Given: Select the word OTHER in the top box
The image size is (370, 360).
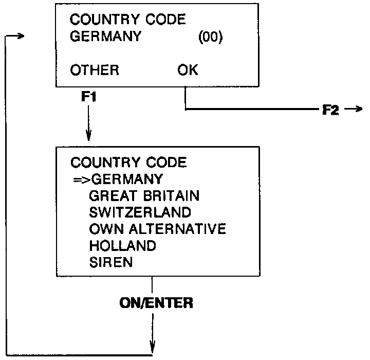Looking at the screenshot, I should [95, 70].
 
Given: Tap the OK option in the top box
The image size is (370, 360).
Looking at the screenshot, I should [187, 70].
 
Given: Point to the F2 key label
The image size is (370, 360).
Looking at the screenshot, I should [330, 110].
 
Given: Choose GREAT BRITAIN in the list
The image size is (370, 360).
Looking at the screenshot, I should [144, 196].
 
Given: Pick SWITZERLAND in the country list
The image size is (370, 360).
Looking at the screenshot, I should [140, 212].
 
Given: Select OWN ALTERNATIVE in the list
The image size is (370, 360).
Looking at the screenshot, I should [157, 229].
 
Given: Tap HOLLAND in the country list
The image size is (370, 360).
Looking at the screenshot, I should [122, 245].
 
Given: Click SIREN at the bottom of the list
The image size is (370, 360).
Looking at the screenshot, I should [110, 262].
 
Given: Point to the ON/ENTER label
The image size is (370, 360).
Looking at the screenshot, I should [156, 303].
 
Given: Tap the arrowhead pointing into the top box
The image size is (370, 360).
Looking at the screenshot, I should [20, 37].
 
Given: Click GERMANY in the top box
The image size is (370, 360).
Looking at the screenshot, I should [105, 37].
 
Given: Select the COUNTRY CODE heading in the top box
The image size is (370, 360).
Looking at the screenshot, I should [128, 20].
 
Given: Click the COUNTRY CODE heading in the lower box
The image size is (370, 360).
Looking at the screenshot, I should [128, 163].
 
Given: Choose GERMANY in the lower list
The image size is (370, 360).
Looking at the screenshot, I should [126, 179].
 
